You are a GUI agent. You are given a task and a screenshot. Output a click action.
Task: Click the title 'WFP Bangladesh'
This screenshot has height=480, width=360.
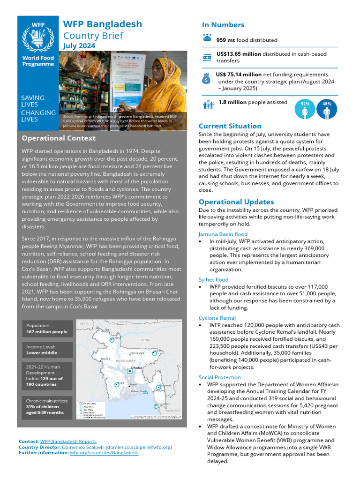tap(102, 24)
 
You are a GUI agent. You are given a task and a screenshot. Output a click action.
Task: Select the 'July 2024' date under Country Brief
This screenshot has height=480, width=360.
tap(79, 46)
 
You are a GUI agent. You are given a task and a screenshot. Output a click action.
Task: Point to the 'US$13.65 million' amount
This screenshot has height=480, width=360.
tap(239, 54)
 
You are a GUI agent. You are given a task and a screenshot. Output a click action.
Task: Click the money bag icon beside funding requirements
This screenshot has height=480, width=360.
tap(207, 78)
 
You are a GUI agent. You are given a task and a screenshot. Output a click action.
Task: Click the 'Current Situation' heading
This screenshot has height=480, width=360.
tap(230, 126)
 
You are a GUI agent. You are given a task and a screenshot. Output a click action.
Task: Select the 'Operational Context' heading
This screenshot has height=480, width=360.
tap(59, 138)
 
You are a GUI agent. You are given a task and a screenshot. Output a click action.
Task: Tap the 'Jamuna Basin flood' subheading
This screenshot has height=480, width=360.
tap(223, 234)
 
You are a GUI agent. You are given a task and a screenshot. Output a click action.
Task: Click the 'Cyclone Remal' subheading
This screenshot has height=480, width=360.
tap(217, 318)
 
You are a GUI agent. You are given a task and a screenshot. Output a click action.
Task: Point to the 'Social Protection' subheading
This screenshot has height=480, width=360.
tap(219, 377)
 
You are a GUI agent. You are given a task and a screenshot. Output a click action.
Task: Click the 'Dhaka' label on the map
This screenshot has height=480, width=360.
tap(136, 368)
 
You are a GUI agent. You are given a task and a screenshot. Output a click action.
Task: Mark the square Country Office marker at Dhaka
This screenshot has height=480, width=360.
tap(130, 371)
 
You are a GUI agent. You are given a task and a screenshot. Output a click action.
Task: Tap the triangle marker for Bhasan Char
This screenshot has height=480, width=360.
tap(146, 391)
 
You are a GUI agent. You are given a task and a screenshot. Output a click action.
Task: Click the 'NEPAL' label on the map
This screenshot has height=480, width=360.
tap(84, 323)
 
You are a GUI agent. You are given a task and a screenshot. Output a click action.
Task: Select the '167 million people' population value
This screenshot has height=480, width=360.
tap(47, 332)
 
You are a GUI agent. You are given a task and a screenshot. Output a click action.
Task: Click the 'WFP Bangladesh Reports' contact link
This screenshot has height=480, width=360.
tap(68, 442)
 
